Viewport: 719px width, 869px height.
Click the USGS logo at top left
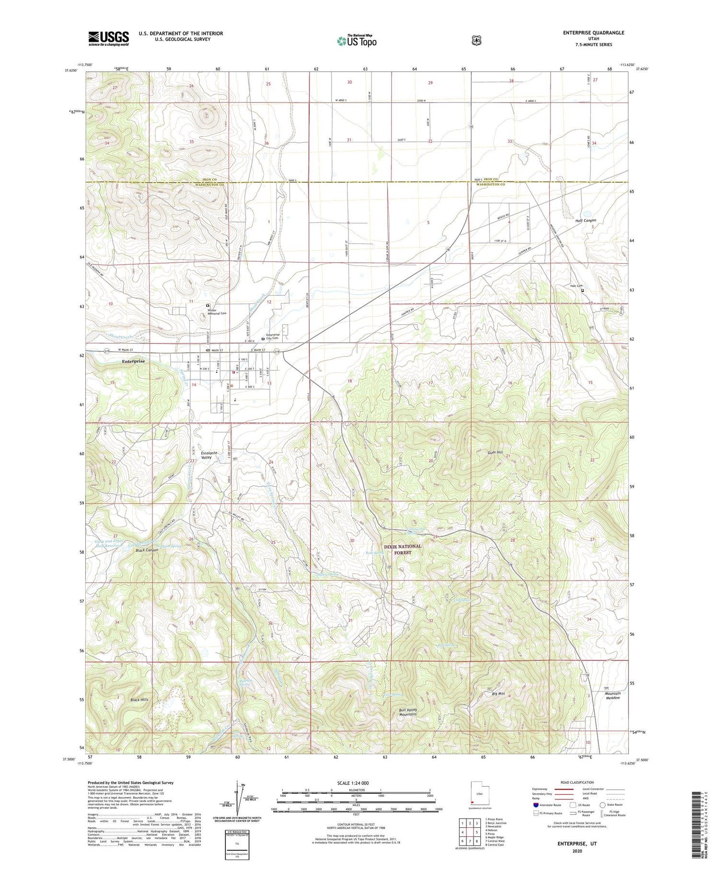(x=108, y=38)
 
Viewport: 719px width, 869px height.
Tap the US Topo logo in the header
(x=357, y=41)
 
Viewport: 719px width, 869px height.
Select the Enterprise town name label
(x=133, y=361)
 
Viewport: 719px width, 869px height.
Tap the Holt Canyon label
(x=585, y=220)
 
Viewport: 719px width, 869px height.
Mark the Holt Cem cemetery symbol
(x=583, y=290)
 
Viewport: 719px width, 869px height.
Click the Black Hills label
(x=139, y=699)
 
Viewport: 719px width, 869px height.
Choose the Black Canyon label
(x=147, y=550)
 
